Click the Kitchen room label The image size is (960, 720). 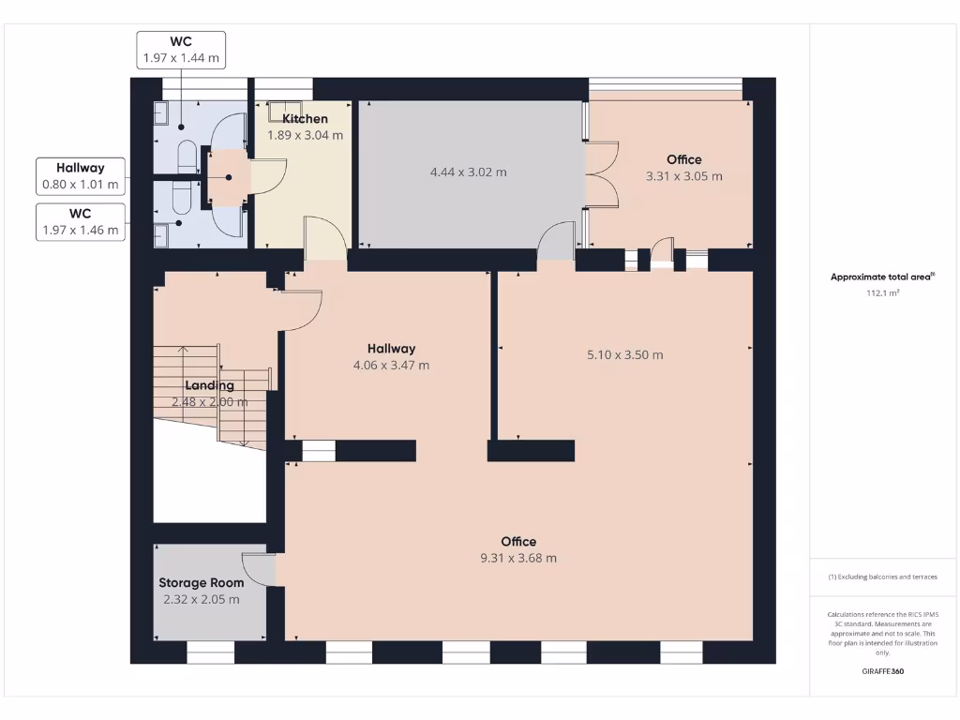point(306,119)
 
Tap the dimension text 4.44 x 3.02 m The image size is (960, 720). point(468,172)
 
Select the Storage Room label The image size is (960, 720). point(201,583)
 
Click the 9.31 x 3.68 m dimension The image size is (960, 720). point(518,558)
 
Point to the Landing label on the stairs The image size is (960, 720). point(209,385)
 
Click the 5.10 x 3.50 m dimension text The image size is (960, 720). point(624,355)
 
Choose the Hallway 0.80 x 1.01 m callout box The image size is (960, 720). point(80,176)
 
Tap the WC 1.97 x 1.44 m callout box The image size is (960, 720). point(181,50)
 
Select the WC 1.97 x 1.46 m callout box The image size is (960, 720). point(80,221)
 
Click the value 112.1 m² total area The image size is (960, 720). point(882,292)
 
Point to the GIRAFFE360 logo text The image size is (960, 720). point(882,671)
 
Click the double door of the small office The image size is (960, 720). point(602,172)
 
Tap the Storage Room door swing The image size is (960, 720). point(258,568)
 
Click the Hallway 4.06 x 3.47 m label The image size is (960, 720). point(391,357)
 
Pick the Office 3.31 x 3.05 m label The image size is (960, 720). point(683,168)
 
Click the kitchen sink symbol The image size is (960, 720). point(286,112)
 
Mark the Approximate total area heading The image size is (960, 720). point(882,277)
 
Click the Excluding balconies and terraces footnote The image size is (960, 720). point(882,577)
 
